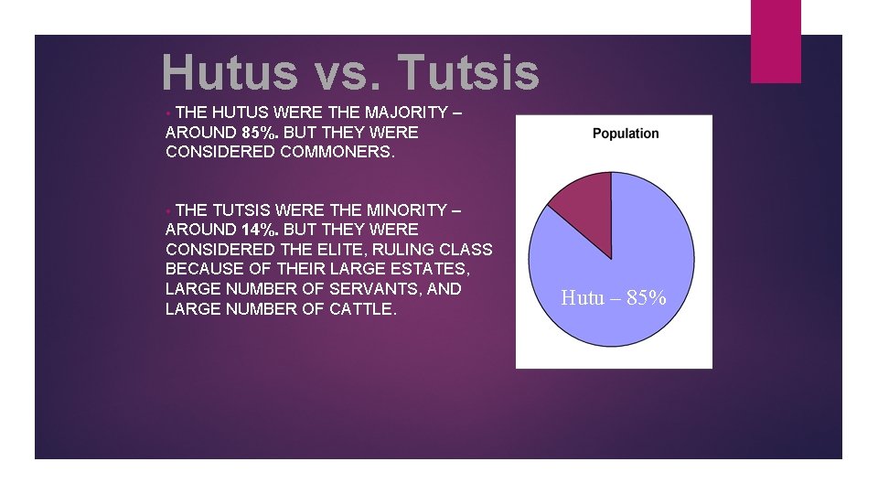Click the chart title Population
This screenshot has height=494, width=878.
tap(626, 134)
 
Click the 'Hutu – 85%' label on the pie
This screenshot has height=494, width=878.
tap(613, 298)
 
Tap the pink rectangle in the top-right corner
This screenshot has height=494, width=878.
tap(776, 41)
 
